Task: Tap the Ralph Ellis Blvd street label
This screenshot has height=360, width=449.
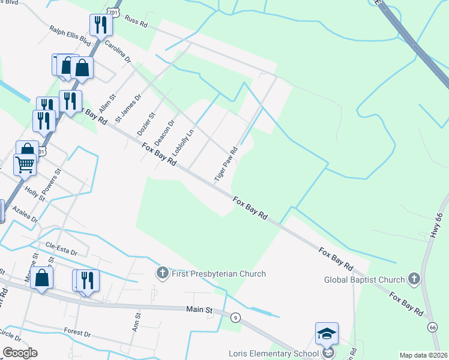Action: click(x=70, y=35)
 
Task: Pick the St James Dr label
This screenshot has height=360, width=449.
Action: click(x=128, y=107)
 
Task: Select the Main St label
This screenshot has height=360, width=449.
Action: click(x=200, y=310)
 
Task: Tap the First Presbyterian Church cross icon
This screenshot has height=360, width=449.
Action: click(x=161, y=274)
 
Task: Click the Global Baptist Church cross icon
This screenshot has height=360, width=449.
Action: click(x=414, y=279)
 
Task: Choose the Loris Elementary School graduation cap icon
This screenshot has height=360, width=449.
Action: click(x=327, y=334)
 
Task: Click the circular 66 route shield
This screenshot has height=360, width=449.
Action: click(x=433, y=327)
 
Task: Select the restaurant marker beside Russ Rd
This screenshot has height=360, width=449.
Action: click(x=99, y=25)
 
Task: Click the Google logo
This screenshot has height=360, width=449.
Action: click(x=20, y=353)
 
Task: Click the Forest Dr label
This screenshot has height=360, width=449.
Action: click(x=77, y=332)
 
